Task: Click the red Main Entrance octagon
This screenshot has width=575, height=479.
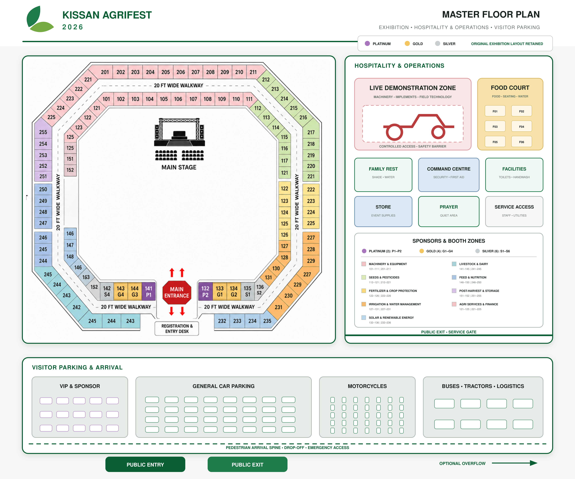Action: [177, 292]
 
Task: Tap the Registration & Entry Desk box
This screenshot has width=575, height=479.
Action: [177, 328]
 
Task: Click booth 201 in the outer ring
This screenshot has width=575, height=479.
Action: [105, 72]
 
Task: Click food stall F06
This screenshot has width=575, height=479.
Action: [522, 142]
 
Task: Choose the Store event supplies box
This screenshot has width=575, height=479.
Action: [383, 211]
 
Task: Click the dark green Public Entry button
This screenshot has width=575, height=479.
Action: [145, 464]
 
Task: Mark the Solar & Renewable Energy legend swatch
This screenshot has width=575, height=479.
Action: [364, 318]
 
